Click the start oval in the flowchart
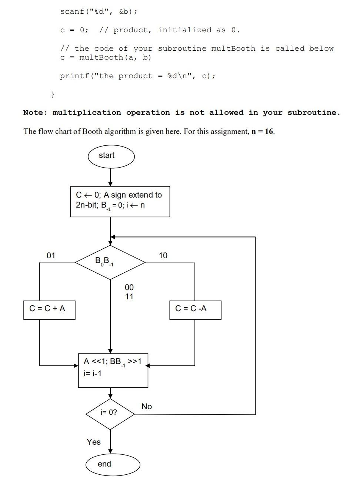pos(111,156)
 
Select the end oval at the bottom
pos(113,464)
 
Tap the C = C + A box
pos(49,309)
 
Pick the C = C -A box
pos(195,309)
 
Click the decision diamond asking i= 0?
pos(110,413)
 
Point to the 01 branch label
pos(51,255)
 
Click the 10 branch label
pos(163,255)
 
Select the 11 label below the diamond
pos(129,297)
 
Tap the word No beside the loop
pos(147,407)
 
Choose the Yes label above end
pos(94,442)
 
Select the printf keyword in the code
pos(74,76)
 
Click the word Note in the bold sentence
pos(34,112)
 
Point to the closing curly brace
pos(53,94)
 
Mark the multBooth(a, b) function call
pos(115,58)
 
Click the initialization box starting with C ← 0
pos(120,202)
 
